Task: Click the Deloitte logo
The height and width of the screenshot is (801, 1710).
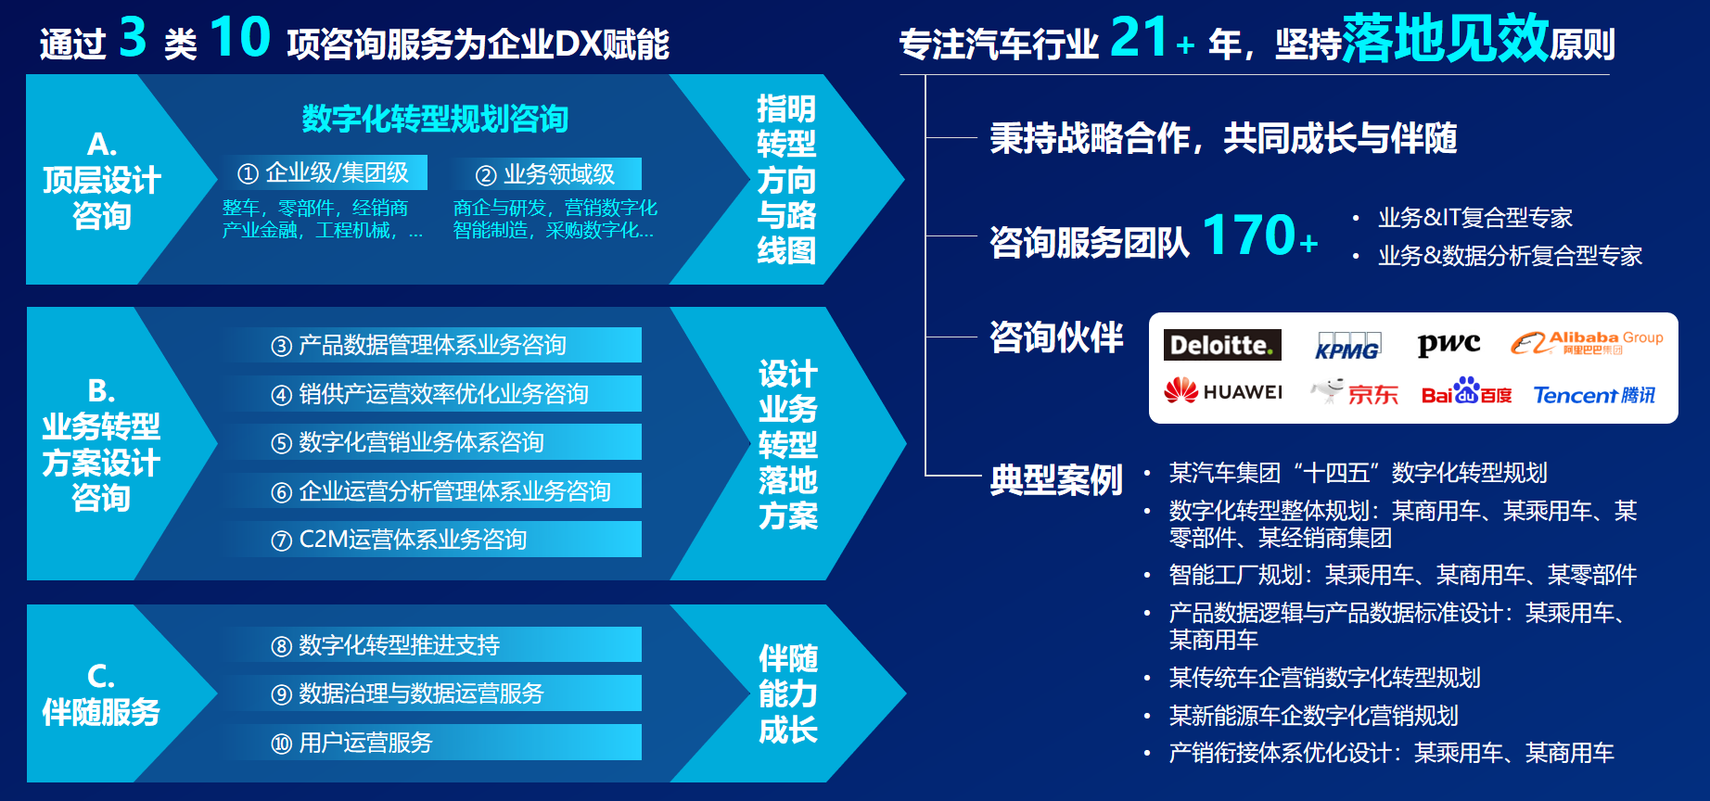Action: pos(1222,345)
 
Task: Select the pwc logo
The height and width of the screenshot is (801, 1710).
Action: pos(1448,344)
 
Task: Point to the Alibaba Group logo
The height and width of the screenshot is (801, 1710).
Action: pos(1587,343)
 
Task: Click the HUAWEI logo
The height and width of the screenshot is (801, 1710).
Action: pos(1223,391)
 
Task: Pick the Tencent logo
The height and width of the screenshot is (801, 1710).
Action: pos(1594,395)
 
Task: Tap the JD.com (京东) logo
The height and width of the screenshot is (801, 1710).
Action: pos(1354,392)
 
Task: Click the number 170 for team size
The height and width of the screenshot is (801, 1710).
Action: pos(1249,235)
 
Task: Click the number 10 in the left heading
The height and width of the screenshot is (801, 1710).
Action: pos(240,37)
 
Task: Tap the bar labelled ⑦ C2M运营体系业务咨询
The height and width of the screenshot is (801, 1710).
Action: pos(434,540)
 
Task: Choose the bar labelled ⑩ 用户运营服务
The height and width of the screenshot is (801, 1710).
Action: pos(434,743)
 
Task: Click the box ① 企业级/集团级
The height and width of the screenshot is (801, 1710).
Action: pos(324,172)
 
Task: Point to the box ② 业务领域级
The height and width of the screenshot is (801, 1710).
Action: pos(545,174)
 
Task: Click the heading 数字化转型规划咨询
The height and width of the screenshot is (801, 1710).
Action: pos(435,119)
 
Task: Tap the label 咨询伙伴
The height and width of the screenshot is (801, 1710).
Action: pos(1056,337)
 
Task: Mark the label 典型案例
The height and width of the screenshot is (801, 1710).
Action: pos(1056,480)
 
